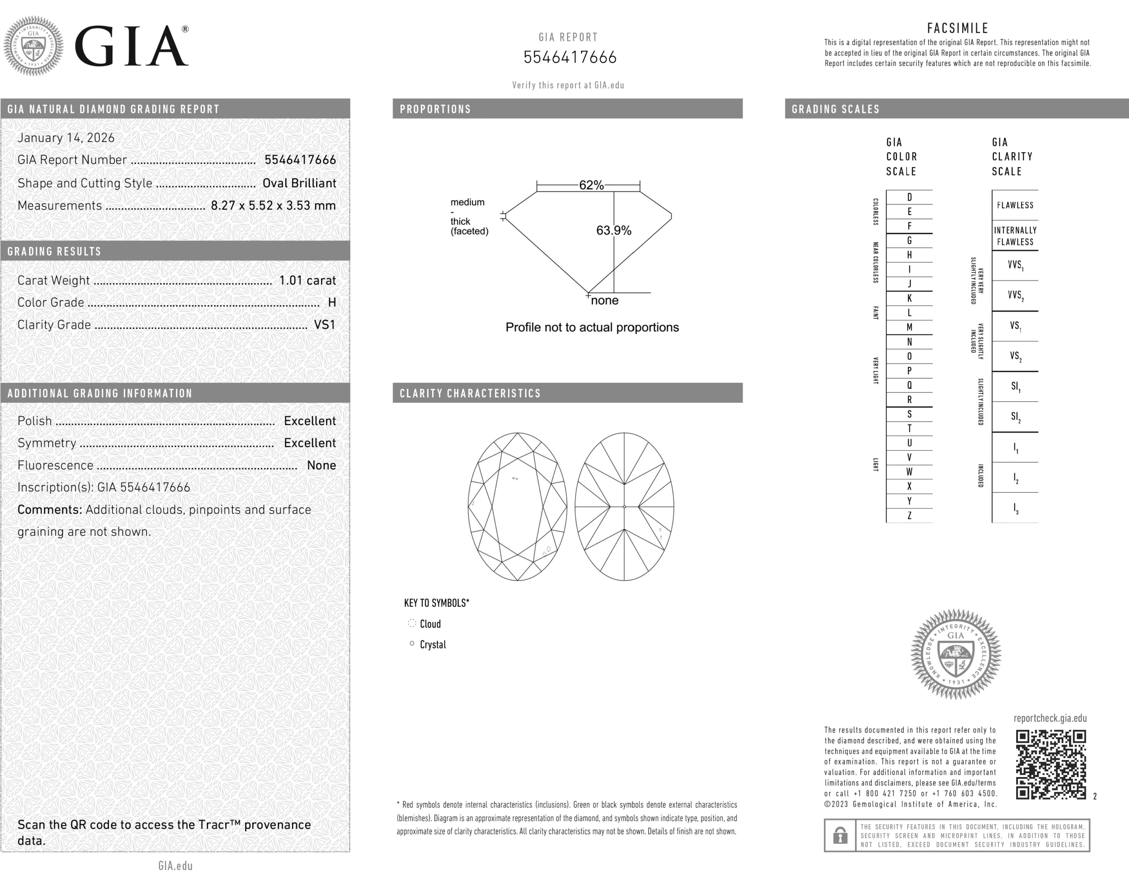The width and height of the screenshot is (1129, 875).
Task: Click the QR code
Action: (1051, 764)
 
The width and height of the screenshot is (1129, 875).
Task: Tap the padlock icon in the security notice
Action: (840, 835)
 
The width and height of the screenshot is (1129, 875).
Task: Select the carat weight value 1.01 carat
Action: (307, 280)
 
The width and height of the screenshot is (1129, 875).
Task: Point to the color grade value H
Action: (332, 303)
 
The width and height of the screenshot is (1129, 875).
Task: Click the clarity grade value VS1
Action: (325, 325)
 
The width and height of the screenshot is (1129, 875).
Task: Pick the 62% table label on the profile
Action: (591, 185)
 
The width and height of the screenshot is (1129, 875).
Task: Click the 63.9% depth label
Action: (613, 231)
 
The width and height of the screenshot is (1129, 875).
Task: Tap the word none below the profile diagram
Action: (605, 300)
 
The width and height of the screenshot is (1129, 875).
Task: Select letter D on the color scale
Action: (909, 197)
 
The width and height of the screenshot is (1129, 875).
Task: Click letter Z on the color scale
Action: (909, 515)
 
